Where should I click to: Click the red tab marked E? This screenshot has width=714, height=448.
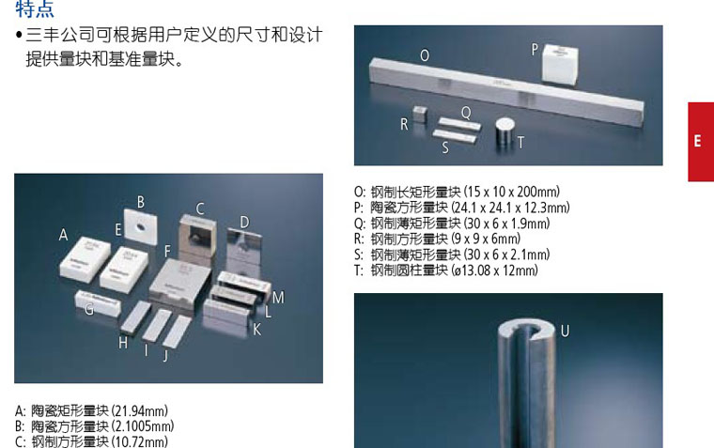(701, 142)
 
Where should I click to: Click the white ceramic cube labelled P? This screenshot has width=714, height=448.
(560, 65)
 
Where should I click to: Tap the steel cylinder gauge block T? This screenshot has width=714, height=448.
(505, 133)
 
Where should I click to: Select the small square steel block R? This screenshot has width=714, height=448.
(420, 115)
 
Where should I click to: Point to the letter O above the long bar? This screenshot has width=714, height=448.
(425, 55)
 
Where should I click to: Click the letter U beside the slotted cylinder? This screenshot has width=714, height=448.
(566, 331)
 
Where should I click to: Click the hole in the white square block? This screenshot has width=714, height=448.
(141, 225)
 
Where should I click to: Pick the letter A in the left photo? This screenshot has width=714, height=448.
(63, 235)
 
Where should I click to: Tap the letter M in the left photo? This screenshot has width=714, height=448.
(278, 298)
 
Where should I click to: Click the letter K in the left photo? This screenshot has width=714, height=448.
(257, 329)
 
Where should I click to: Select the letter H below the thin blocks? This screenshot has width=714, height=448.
(123, 343)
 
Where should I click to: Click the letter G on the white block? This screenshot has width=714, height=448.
(89, 309)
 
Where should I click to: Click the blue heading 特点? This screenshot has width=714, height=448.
(35, 9)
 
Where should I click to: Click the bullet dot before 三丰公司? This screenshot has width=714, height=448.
(19, 35)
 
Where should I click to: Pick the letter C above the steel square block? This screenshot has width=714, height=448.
(200, 209)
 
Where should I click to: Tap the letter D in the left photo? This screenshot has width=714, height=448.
(244, 223)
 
